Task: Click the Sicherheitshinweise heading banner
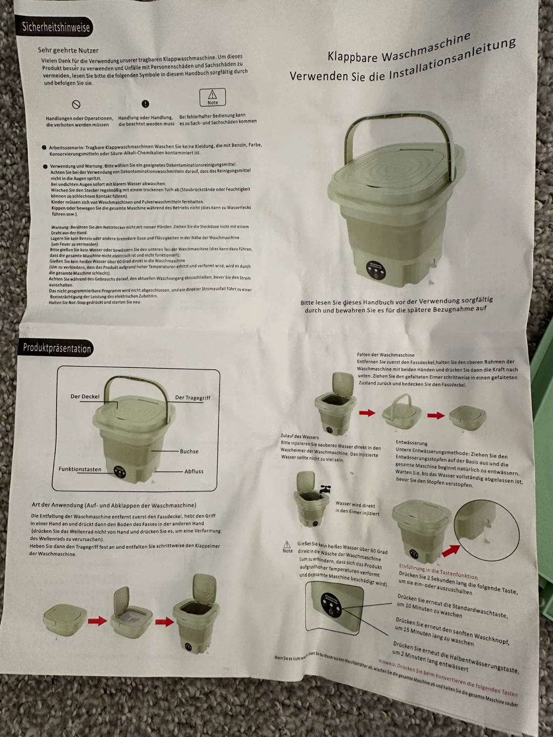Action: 56,27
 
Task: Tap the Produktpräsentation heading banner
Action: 57,349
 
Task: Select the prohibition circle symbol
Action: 76,104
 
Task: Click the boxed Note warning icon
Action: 212,97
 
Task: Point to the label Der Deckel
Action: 85,397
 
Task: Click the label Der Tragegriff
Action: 193,398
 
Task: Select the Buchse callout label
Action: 189,451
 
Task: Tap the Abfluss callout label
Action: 194,471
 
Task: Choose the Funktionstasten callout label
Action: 80,469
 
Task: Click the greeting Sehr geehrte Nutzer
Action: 68,50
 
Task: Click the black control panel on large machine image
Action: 376,271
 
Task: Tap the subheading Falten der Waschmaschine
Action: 386,355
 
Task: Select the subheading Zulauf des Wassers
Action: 300,437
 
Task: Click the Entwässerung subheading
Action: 411,443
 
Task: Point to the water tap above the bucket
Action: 325,489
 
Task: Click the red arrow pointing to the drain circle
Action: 450,550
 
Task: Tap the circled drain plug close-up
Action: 486,529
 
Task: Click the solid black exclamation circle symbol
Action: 145,104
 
